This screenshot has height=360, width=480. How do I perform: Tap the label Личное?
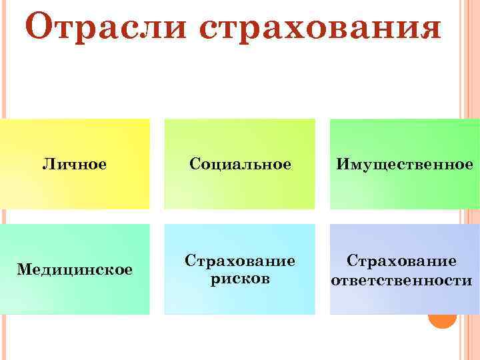75,164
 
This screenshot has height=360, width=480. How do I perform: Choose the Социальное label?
240,164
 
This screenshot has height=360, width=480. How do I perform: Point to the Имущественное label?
405,164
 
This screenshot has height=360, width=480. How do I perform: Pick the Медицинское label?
75,269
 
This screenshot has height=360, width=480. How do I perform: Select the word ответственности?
401,281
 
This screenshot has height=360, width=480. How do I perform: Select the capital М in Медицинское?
23,269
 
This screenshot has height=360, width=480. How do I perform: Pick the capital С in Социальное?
194,164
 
